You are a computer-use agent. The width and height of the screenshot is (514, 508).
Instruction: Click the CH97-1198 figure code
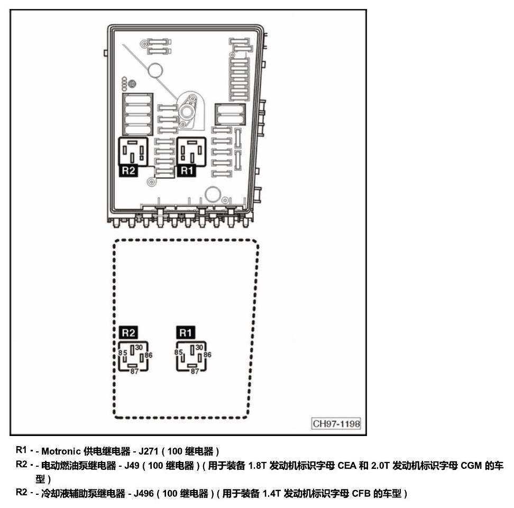pos(336,423)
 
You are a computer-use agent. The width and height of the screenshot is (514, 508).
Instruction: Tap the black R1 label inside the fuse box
pos(187,170)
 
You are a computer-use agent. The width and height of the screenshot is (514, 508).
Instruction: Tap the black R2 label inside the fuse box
pos(128,170)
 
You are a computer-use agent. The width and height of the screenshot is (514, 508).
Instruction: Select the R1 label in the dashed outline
pos(186,332)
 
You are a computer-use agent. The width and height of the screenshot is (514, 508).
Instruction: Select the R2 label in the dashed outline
pos(128,332)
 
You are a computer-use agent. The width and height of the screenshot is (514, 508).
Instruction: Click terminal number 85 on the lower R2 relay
pos(123,353)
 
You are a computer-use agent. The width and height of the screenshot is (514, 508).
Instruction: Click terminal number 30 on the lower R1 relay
pos(199,347)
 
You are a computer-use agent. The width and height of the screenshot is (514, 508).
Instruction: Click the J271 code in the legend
pos(149,451)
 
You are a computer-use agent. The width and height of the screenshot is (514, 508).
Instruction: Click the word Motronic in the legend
pos(61,451)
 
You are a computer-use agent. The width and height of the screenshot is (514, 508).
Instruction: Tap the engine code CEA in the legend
pos(347,465)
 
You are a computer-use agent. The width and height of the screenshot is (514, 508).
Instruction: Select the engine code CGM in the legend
pos(471,465)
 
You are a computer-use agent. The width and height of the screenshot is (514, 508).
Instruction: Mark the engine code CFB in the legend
pos(361,493)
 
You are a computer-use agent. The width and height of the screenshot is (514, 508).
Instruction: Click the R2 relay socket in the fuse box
pos(133,151)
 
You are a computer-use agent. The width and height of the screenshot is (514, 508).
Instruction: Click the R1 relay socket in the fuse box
pos(191,151)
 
